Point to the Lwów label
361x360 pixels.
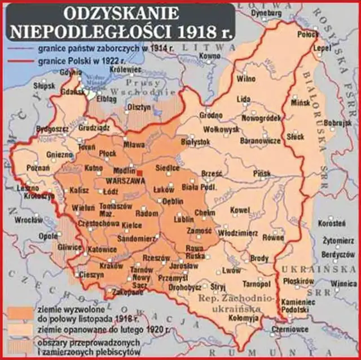tap(231, 270)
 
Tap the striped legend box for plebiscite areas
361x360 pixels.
tap(21, 345)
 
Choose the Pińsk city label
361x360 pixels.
tap(263, 174)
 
